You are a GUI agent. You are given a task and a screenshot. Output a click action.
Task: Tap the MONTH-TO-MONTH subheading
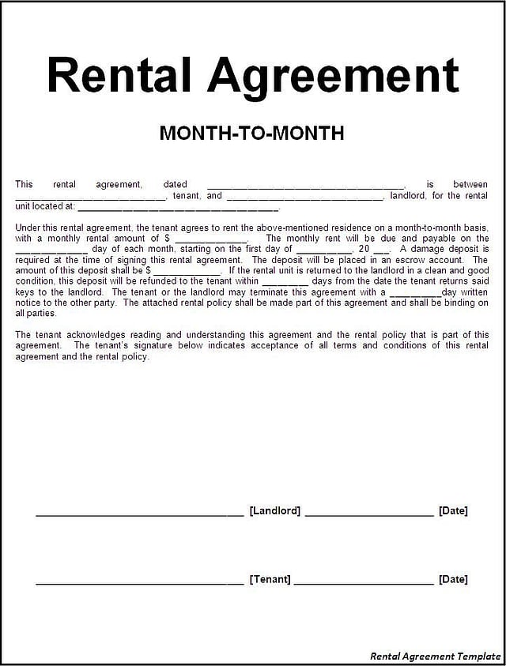click(x=251, y=133)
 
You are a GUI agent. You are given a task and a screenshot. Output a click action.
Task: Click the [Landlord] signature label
click(x=274, y=511)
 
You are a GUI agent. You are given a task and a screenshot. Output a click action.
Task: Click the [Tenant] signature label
click(x=270, y=580)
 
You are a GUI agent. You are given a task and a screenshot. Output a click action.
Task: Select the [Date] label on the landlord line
click(x=453, y=511)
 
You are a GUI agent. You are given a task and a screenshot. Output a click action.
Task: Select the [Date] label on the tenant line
click(x=453, y=580)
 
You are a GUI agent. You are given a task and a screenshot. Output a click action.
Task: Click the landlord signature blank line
click(x=139, y=514)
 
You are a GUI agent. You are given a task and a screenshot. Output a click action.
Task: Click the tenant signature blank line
click(x=139, y=583)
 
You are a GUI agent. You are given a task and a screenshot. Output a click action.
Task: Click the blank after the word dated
click(x=305, y=186)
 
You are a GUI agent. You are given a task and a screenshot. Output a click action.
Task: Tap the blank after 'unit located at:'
click(x=178, y=209)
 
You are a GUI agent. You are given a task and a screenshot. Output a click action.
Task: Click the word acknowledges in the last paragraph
click(x=98, y=335)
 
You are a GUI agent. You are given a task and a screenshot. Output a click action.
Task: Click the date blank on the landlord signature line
click(x=369, y=514)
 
